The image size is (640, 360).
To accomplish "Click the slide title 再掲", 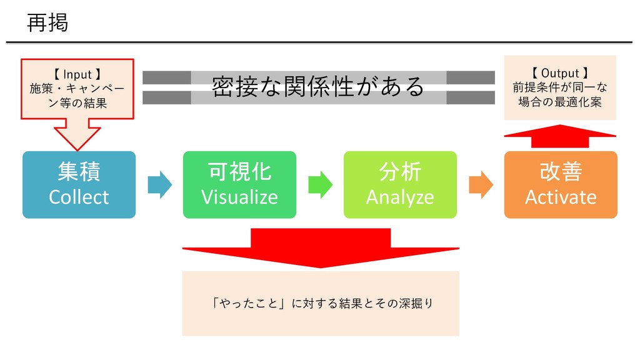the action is click(47, 22).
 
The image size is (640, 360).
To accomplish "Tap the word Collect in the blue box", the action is click(79, 197).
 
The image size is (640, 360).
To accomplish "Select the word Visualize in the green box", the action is click(239, 197).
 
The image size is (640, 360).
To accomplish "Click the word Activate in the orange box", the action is click(561, 197).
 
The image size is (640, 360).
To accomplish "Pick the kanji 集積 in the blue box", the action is click(79, 171).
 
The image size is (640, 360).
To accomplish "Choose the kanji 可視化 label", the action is click(239, 171).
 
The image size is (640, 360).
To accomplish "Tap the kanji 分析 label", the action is click(400, 171).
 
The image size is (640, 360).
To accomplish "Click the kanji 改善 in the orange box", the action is click(561, 171).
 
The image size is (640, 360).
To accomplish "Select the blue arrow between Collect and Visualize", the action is click(159, 185).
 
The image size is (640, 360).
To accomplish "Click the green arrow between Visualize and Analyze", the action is click(321, 185).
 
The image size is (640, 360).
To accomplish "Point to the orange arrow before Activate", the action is click(481, 185).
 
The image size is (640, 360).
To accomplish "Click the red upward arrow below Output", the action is click(560, 136).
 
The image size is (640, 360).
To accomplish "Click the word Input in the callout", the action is click(77, 75).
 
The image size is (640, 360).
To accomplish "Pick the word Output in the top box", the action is click(560, 74).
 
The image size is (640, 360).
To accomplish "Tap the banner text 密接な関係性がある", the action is click(318, 86).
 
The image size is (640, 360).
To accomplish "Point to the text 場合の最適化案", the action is click(560, 102).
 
